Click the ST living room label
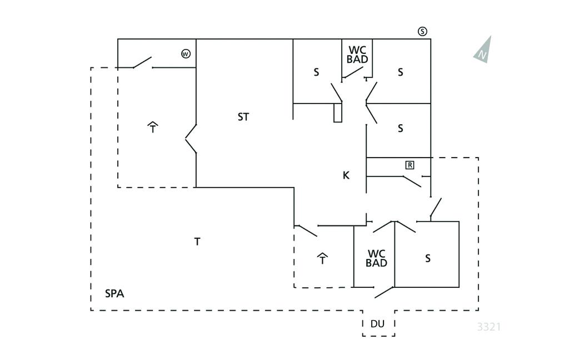(243, 117)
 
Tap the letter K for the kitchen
(346, 175)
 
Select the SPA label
(114, 293)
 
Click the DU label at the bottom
(378, 324)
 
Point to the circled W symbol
(186, 54)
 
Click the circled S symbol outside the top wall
(423, 31)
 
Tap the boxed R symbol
(410, 165)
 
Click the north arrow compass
(483, 50)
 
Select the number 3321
(489, 327)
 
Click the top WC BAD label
(357, 55)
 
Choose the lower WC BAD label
(376, 258)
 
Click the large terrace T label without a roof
(197, 242)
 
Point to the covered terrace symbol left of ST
(153, 127)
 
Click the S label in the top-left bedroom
(317, 72)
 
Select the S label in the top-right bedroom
(400, 72)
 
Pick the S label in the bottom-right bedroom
(428, 258)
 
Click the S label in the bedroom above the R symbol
(400, 129)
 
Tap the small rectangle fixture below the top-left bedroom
(337, 112)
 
